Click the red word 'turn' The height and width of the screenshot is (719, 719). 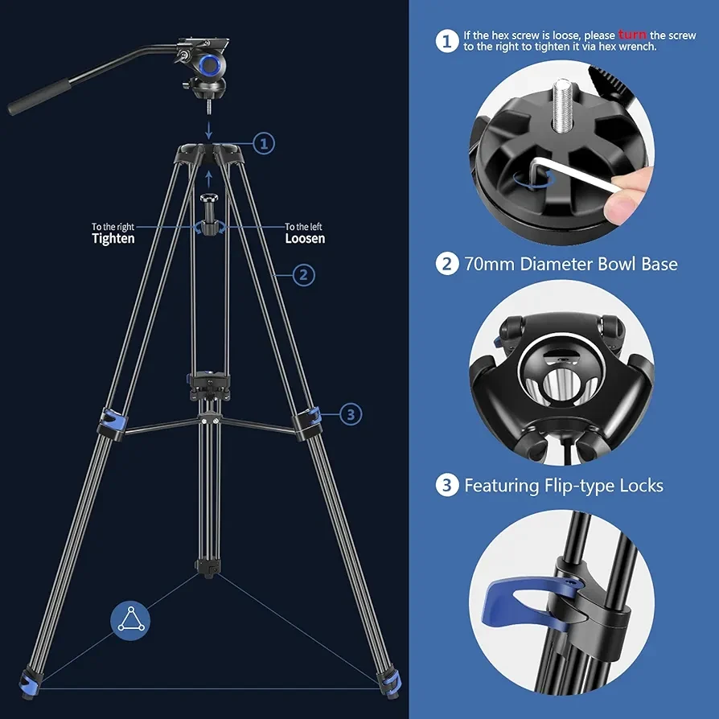[x=632, y=35]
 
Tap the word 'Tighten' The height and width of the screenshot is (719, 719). [x=113, y=238]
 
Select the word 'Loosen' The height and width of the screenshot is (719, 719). [x=305, y=238]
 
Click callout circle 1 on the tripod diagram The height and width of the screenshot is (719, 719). [x=264, y=143]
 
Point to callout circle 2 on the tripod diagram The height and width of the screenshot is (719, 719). [x=303, y=275]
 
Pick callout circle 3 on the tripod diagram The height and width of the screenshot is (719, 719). [x=351, y=414]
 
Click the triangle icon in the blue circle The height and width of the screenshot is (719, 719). [x=130, y=620]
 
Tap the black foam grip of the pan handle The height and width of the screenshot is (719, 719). [x=39, y=97]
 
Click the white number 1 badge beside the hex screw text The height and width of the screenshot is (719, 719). [x=446, y=41]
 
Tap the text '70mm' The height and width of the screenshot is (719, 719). [x=489, y=265]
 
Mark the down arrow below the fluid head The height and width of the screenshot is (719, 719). [x=209, y=129]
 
